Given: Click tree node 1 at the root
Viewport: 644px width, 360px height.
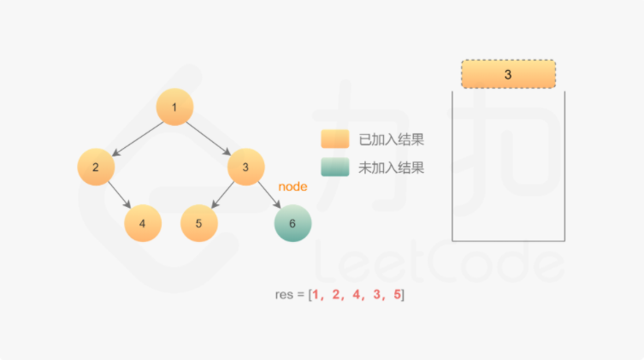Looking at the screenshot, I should pyautogui.click(x=174, y=108).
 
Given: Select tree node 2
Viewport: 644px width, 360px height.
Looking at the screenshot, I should pyautogui.click(x=96, y=167).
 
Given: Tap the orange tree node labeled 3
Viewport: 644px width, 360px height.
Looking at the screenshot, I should pyautogui.click(x=245, y=167).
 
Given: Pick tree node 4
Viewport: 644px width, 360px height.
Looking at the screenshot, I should pyautogui.click(x=143, y=224).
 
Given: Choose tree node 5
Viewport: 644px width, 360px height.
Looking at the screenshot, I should pyautogui.click(x=198, y=224).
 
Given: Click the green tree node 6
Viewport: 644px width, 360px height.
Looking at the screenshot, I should pyautogui.click(x=292, y=224).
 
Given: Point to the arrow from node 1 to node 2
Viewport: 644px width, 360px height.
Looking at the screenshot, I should pyautogui.click(x=137, y=137).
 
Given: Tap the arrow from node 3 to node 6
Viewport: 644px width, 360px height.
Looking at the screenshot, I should pyautogui.click(x=269, y=196).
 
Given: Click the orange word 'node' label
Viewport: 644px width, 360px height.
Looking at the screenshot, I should pyautogui.click(x=292, y=186).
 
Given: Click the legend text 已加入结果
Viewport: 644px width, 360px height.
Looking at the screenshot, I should pyautogui.click(x=391, y=139).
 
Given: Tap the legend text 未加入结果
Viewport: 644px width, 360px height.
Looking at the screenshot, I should pyautogui.click(x=391, y=168).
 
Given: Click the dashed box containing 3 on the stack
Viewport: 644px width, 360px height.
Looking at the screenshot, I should pyautogui.click(x=508, y=74).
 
